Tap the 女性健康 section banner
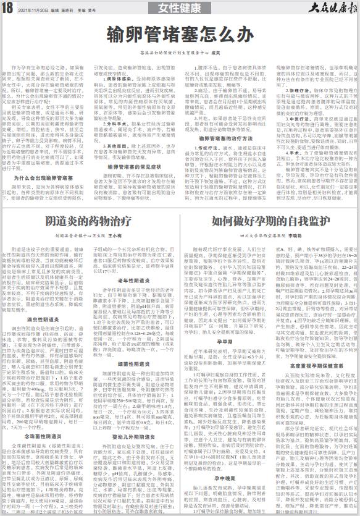pyautogui.click(x=180, y=9)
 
